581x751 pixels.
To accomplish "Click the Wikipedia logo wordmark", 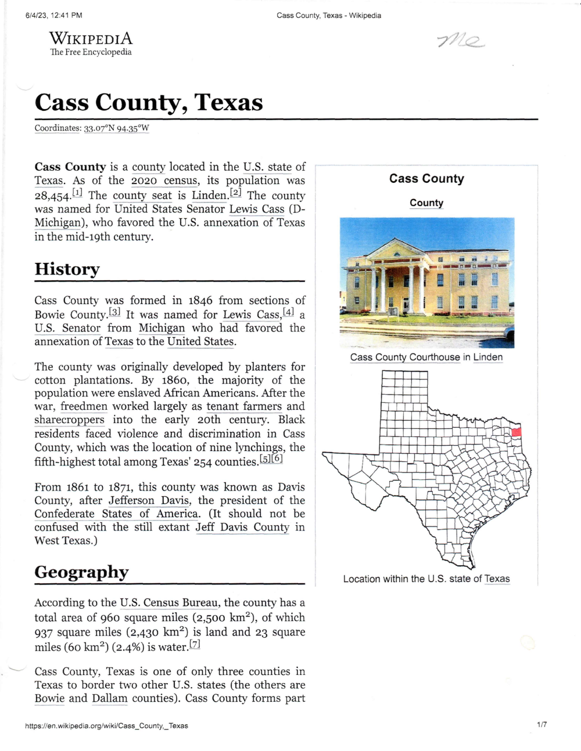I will tap(91, 39).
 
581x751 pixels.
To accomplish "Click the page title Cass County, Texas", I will tap(149, 102).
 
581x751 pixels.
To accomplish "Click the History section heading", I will tap(67, 269).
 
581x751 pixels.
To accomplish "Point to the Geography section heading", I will tap(81, 572).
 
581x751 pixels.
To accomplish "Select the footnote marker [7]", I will tap(195, 645).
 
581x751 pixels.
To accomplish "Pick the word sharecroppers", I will tap(69, 420).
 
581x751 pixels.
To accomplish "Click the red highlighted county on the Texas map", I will tap(516, 431).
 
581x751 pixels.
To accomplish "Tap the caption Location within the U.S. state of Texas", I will tap(426, 579).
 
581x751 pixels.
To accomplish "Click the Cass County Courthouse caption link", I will tap(405, 358).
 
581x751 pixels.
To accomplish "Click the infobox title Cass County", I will tap(426, 179).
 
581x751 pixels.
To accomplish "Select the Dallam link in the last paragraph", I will tap(109, 698).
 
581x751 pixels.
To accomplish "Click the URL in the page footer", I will tap(106, 725).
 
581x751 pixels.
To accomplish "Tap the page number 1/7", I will tap(541, 724).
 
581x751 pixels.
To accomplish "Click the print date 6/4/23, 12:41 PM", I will tap(54, 15).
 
